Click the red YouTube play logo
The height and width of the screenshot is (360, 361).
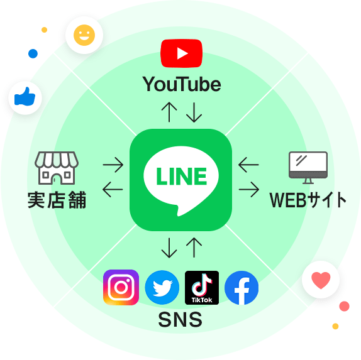181,53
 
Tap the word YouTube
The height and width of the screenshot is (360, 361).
182,84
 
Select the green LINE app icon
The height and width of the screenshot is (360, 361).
181,180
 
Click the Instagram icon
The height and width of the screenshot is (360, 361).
121,287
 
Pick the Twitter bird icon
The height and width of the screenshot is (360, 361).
162,288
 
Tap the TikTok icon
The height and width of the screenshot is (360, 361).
202,288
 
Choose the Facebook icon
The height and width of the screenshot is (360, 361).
242,288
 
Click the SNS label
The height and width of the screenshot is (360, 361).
181,320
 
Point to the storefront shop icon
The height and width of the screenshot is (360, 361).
57,168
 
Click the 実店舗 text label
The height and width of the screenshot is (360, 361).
57,200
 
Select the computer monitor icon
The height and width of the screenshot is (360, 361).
308,168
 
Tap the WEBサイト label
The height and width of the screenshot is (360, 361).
308,200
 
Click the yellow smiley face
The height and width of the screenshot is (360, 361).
84,35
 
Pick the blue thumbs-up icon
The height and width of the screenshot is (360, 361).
25,97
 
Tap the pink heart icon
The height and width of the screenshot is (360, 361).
321,280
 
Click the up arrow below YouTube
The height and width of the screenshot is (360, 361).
169,112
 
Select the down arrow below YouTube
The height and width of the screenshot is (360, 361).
194,112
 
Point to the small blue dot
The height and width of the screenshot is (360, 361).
33,53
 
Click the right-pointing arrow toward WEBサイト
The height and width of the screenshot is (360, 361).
249,190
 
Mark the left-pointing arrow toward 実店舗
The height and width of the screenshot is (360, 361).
113,190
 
